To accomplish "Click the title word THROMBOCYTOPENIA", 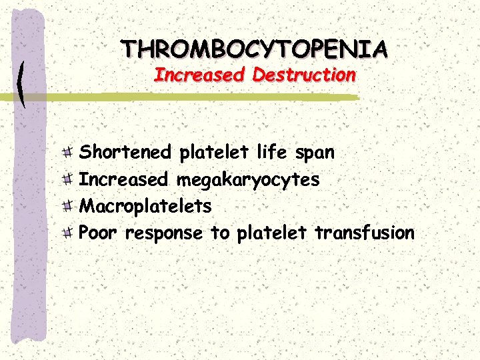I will click(x=255, y=49).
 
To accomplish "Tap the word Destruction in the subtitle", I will click(x=304, y=75).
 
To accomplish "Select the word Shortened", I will click(x=125, y=153).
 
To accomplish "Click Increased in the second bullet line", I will click(x=125, y=179).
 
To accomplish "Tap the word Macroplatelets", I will click(x=145, y=207).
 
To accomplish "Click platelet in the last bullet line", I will click(x=271, y=233).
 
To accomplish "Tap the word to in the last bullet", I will click(x=219, y=233).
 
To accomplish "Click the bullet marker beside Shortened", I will click(x=69, y=153).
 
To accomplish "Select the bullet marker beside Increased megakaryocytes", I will click(x=69, y=179).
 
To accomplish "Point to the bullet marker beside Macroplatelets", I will click(x=69, y=206).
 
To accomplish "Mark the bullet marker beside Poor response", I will click(x=69, y=233).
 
